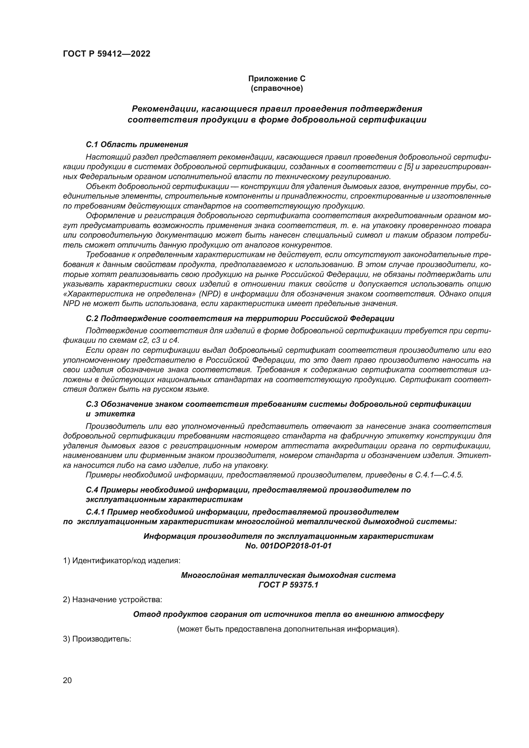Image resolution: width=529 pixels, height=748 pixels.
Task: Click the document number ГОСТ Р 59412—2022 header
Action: click(x=107, y=54)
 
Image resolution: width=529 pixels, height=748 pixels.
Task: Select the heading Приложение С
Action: click(x=277, y=79)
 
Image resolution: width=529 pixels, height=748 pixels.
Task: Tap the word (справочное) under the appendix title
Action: click(x=277, y=88)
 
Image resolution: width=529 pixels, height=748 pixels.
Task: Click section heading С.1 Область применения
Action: click(x=137, y=144)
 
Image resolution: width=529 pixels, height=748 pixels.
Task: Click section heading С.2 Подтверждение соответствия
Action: click(x=240, y=318)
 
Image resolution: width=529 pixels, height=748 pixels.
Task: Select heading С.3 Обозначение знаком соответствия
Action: click(x=278, y=404)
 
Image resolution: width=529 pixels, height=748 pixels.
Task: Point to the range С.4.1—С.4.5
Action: click(x=439, y=475)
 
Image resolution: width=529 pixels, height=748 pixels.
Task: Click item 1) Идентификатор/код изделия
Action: click(x=122, y=561)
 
